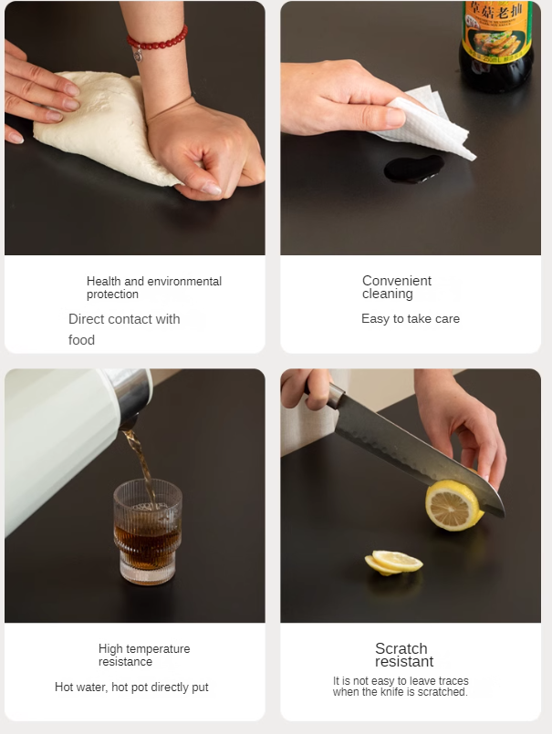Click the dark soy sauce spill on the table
pos(413,169)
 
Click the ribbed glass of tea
pos(148,532)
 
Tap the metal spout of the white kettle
pos(132,398)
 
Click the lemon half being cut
pos(453,504)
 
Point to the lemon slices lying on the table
pos(393,563)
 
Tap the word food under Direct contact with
pos(81,340)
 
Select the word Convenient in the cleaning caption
pos(396,281)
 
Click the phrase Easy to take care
pos(411,319)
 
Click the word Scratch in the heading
pos(401,648)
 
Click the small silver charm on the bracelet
pos(138,56)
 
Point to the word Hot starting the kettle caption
pos(64,687)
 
